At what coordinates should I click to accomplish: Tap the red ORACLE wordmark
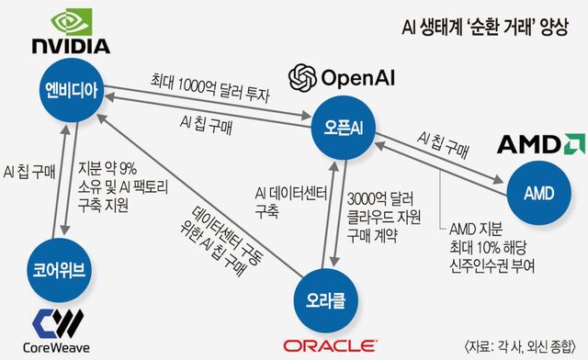point(328,345)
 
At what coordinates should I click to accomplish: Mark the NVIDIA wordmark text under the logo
point(70,45)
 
